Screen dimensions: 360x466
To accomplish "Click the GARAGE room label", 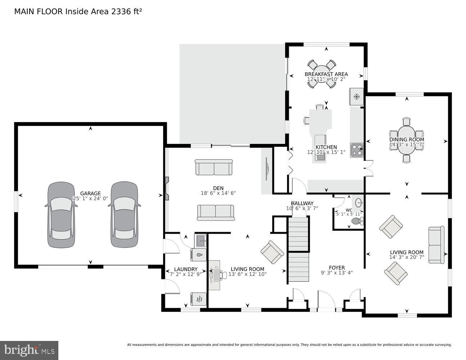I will point(90,193).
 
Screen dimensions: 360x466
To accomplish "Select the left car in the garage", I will point(61,215).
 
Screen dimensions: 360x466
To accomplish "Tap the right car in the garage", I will point(124,215).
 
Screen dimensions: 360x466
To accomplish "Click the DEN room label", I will point(218,188).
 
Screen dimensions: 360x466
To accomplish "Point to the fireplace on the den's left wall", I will point(167,188).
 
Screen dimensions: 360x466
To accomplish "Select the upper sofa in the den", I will point(214,167).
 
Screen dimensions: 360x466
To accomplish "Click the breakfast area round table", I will point(322,74).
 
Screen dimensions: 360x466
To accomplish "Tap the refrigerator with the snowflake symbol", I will point(357,96).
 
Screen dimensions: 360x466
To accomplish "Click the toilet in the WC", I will point(357,221).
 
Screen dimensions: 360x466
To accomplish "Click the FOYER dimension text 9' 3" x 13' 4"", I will point(337,273).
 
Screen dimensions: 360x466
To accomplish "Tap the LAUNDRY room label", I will point(185,269).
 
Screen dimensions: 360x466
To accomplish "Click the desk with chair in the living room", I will point(215,275).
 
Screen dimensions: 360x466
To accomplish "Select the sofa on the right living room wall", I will point(436,245).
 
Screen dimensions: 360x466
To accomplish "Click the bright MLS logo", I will point(29,350).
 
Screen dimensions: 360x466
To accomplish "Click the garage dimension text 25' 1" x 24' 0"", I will point(90,198).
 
